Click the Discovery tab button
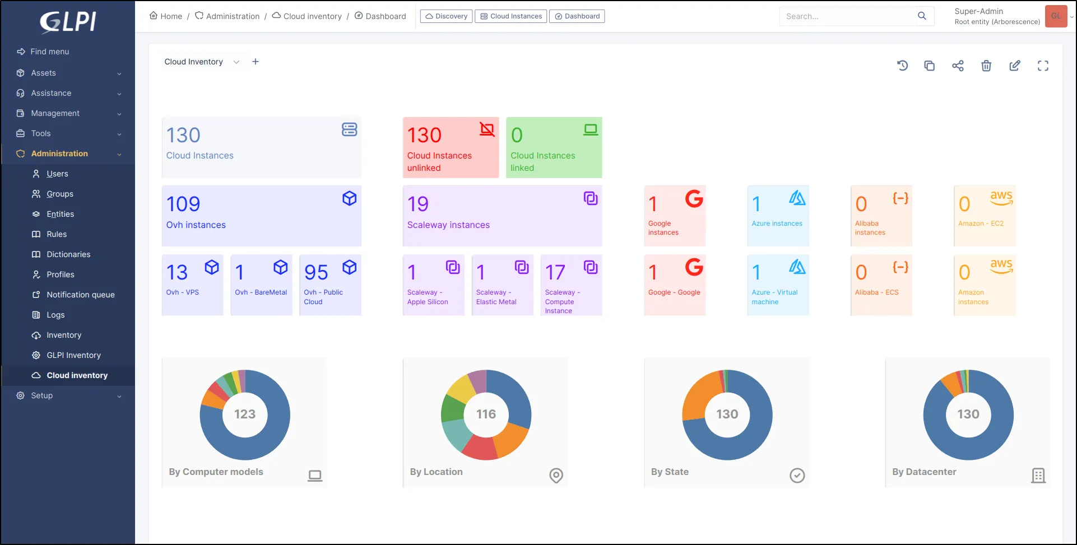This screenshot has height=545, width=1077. click(446, 16)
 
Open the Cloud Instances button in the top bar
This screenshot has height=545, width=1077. click(511, 16)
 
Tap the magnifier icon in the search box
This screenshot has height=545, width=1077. click(922, 16)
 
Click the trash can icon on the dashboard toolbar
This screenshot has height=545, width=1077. click(986, 66)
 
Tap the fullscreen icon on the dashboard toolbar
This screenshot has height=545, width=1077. click(1043, 66)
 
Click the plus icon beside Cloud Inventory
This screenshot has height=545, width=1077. click(256, 62)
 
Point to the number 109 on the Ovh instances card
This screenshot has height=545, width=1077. click(183, 204)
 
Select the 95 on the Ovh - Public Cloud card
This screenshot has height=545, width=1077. click(316, 273)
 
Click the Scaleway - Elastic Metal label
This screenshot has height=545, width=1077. click(496, 297)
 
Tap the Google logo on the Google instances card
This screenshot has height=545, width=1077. click(694, 199)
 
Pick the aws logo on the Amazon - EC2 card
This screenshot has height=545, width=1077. click(1001, 198)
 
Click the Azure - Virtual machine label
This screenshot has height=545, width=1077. click(774, 297)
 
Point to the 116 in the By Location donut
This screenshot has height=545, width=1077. click(486, 414)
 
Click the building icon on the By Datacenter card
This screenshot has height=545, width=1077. click(1038, 476)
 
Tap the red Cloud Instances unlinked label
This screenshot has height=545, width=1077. click(439, 162)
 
